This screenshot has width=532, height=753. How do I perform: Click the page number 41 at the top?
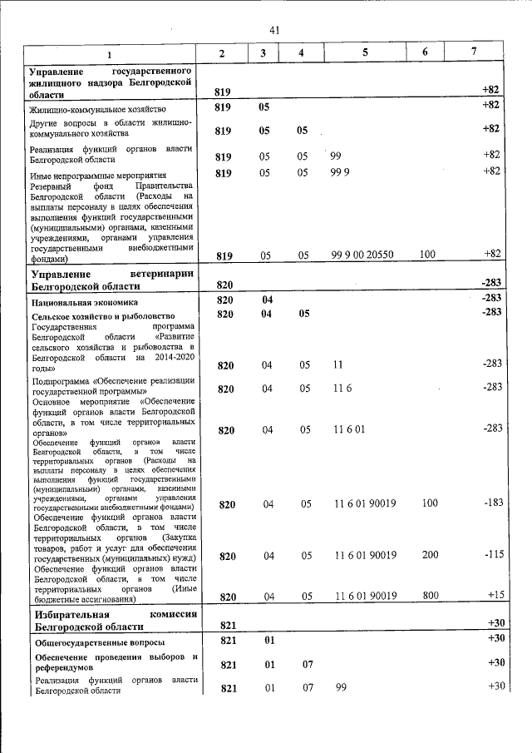[x=274, y=30]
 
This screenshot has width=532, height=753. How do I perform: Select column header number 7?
[x=473, y=52]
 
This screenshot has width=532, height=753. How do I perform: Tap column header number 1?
[x=108, y=54]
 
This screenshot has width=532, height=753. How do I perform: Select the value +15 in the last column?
[x=495, y=595]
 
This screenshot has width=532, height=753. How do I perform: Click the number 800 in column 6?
[x=429, y=595]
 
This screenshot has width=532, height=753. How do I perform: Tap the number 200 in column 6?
[x=429, y=555]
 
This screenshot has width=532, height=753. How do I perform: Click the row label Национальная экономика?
[x=84, y=303]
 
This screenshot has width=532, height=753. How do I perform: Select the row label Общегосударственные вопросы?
[x=99, y=643]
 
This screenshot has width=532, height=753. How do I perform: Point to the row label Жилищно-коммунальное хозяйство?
[x=98, y=109]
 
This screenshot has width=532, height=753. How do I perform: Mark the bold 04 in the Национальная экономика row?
[x=268, y=299]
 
